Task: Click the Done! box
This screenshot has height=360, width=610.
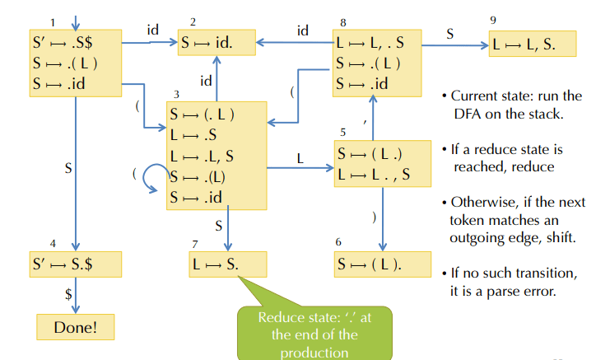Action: (75, 326)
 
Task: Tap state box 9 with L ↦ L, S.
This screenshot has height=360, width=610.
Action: (532, 44)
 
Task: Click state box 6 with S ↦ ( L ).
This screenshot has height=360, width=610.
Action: (383, 264)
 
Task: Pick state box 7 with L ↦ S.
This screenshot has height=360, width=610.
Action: (227, 264)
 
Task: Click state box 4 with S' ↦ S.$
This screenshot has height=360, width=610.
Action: (75, 264)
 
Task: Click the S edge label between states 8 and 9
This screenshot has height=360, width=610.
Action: (449, 35)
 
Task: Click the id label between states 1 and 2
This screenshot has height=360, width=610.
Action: (152, 30)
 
